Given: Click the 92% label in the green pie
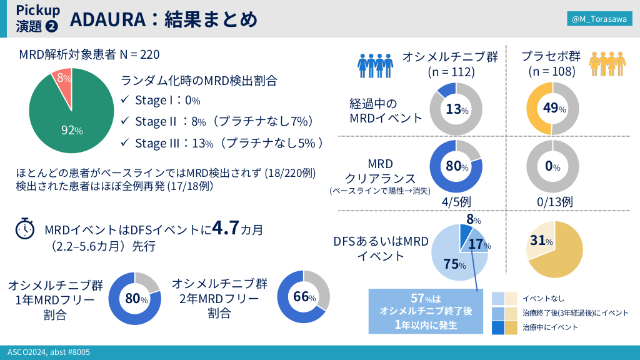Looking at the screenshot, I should [71, 130].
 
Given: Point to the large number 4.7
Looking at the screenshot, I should [226, 228].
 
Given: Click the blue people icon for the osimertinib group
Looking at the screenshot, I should [375, 64].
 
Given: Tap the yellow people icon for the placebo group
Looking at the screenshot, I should [607, 64].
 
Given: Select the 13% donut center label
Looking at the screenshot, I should [457, 109].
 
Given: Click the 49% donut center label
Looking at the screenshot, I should [554, 109].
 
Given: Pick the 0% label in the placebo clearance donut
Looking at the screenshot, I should [552, 167].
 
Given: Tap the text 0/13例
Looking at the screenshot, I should [555, 201].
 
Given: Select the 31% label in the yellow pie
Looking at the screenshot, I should [541, 241].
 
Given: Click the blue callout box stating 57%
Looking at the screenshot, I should [426, 311].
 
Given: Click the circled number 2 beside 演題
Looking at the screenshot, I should [52, 26].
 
